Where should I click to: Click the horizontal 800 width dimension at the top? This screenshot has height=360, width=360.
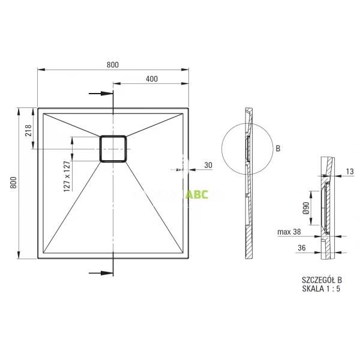pyautogui.click(x=113, y=64)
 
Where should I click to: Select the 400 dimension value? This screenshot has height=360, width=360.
pyautogui.click(x=151, y=79)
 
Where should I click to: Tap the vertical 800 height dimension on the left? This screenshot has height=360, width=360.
pyautogui.click(x=14, y=184)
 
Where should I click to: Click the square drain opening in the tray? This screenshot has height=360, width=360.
pyautogui.click(x=113, y=148)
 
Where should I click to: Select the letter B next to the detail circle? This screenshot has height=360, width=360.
pyautogui.click(x=278, y=148)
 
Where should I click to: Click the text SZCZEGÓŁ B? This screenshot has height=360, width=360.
pyautogui.click(x=322, y=280)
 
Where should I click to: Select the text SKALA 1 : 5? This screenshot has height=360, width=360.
pyautogui.click(x=320, y=289)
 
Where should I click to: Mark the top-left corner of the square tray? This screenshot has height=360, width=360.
pyautogui.click(x=38, y=109)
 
